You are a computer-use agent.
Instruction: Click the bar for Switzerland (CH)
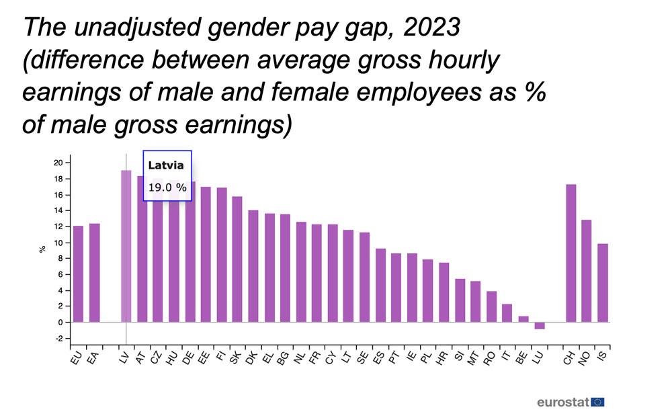pyautogui.click(x=571, y=253)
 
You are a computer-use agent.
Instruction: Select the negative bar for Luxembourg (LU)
pyautogui.click(x=540, y=326)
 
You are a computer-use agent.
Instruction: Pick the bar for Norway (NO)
pyautogui.click(x=587, y=271)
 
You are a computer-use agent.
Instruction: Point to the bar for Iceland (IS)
pyautogui.click(x=603, y=283)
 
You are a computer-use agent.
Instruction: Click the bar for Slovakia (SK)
pyautogui.click(x=237, y=259)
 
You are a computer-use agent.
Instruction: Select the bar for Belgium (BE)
pyautogui.click(x=523, y=319)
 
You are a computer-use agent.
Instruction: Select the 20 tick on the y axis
pyautogui.click(x=58, y=163)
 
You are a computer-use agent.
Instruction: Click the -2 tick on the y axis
pyautogui.click(x=58, y=338)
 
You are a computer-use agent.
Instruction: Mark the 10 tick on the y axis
pyautogui.click(x=58, y=243)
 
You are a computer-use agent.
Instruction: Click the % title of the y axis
pyautogui.click(x=42, y=250)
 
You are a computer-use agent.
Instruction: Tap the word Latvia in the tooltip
pyautogui.click(x=161, y=165)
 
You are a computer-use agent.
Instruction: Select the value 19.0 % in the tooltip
pyautogui.click(x=167, y=187)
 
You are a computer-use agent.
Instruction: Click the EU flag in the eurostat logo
pyautogui.click(x=597, y=402)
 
